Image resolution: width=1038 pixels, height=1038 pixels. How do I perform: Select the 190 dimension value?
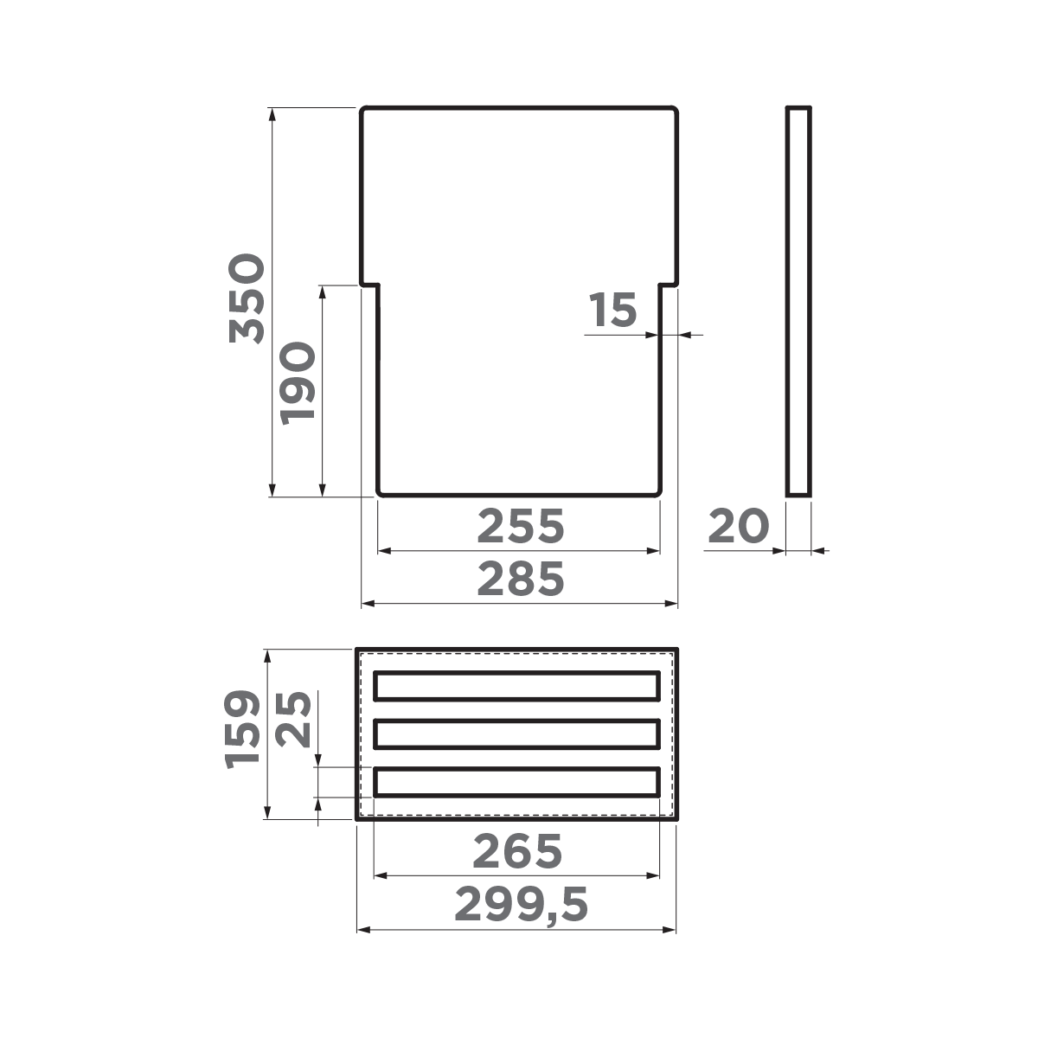pyautogui.click(x=297, y=382)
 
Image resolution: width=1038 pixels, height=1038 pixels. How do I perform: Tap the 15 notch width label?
pyautogui.click(x=612, y=311)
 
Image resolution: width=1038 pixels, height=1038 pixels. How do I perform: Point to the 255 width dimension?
pyautogui.click(x=520, y=526)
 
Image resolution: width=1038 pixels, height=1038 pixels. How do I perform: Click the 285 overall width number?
pyautogui.click(x=520, y=579)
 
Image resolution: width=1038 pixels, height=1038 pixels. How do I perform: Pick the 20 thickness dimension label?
pyautogui.click(x=738, y=527)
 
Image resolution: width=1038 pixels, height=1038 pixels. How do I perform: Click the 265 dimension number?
pyautogui.click(x=517, y=852)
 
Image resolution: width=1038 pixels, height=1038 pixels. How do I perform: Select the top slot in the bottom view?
pyautogui.click(x=517, y=685)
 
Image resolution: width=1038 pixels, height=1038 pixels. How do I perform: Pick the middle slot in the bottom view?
pyautogui.click(x=517, y=734)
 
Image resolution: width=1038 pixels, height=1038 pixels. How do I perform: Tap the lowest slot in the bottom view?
pyautogui.click(x=517, y=782)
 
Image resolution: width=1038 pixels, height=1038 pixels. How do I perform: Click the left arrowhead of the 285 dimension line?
pyautogui.click(x=367, y=602)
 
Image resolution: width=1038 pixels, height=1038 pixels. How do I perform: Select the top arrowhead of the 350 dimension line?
pyautogui.click(x=272, y=113)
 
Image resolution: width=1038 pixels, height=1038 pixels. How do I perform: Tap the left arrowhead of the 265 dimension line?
pyautogui.click(x=379, y=876)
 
